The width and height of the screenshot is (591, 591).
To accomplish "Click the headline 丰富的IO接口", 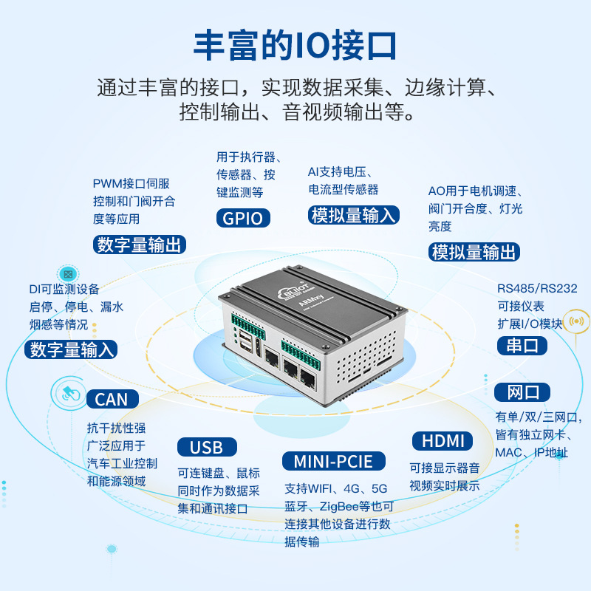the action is pos(295,45).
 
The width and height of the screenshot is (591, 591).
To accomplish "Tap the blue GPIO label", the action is pos(243,218).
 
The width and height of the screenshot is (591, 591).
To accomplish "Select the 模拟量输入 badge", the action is pos(354,215).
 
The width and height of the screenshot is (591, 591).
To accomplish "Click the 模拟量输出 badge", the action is pos(474,252).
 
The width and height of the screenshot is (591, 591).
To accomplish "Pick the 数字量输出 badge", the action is pos(140,245).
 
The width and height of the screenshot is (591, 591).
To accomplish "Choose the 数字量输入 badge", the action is pos(71,349).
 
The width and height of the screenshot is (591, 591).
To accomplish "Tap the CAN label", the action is pos(112,400).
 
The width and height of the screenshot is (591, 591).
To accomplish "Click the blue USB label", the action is pos(206,447).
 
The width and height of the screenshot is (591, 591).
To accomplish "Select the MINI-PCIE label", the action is pos(334,462).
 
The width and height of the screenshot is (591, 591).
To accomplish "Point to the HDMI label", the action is pos(442,441).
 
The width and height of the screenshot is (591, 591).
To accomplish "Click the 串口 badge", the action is pos(522,345).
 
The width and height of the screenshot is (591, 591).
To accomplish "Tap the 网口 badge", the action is pos(523,392).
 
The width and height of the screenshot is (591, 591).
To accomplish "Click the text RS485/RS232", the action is pos(536,288).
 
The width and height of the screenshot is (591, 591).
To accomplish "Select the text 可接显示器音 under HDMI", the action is pos(445,468).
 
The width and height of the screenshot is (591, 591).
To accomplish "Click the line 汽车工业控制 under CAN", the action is pos(122,463).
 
